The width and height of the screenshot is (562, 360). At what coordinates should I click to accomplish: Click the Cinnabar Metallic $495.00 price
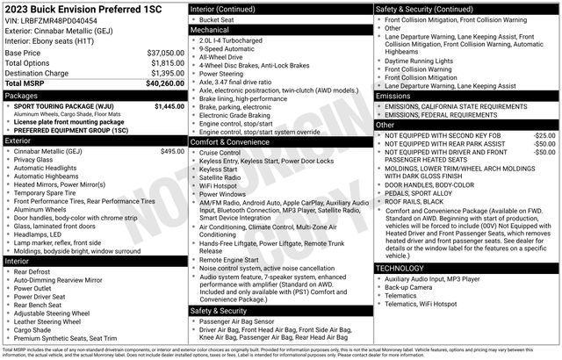172,151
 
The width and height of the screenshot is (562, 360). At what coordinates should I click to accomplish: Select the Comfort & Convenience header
230,141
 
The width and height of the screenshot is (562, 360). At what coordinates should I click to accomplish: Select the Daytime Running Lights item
431,61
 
